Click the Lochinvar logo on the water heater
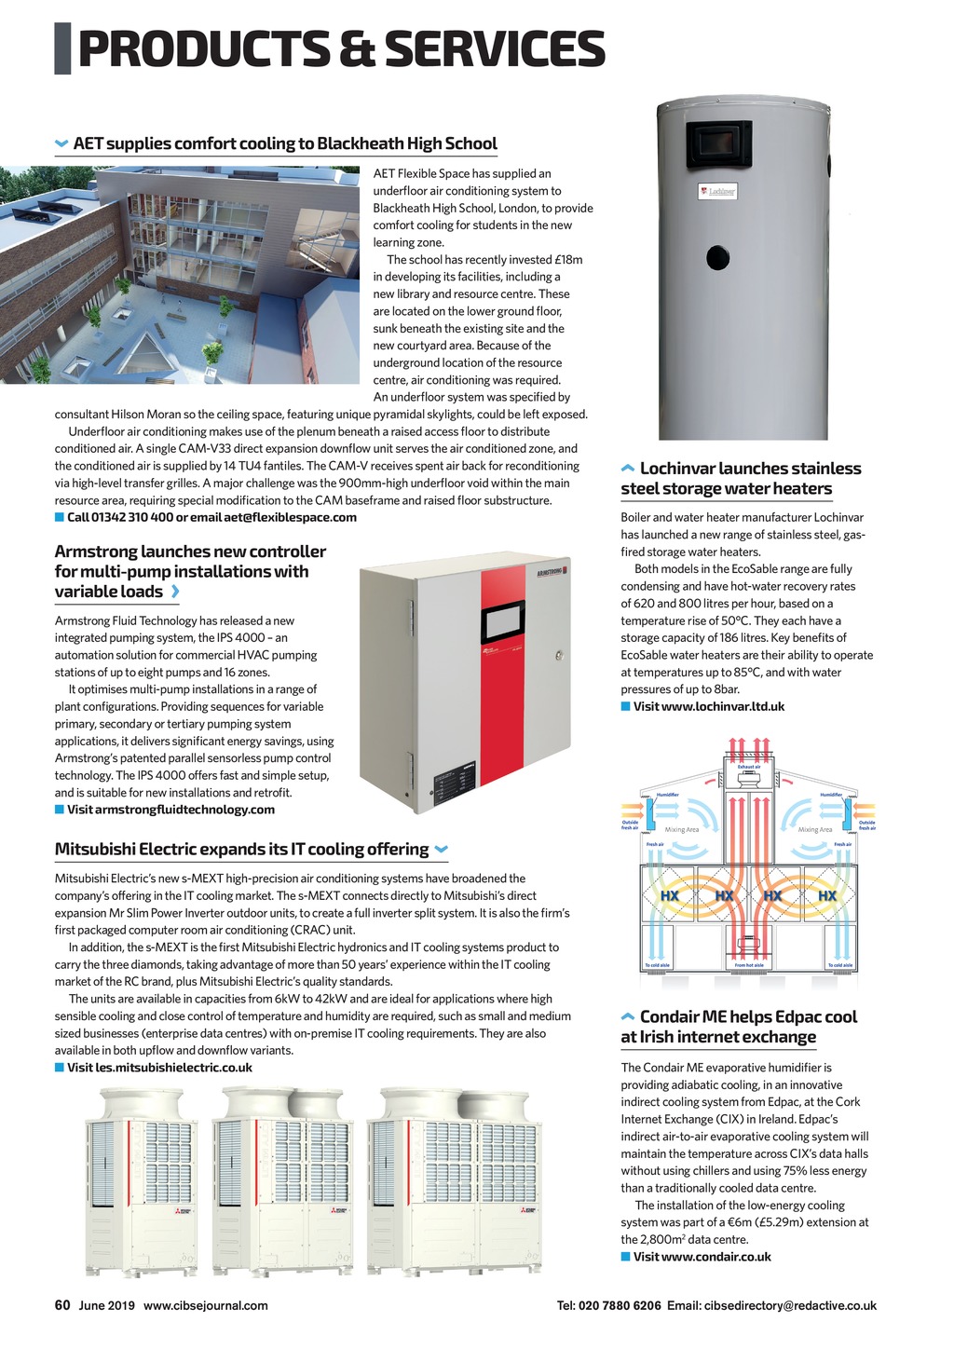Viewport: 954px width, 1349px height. click(x=717, y=191)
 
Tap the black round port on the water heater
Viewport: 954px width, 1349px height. click(x=717, y=256)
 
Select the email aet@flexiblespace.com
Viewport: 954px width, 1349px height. click(x=290, y=518)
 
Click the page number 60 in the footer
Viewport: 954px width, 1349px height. click(x=62, y=1305)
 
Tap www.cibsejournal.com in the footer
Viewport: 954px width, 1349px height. click(x=205, y=1306)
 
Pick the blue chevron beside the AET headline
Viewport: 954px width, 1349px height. click(x=62, y=143)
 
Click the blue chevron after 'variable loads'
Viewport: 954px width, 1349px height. click(x=175, y=592)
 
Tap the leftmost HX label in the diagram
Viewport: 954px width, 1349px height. click(x=669, y=896)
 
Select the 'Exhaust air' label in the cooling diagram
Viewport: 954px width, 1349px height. click(x=749, y=767)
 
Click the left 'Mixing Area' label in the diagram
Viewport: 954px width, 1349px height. click(x=681, y=829)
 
